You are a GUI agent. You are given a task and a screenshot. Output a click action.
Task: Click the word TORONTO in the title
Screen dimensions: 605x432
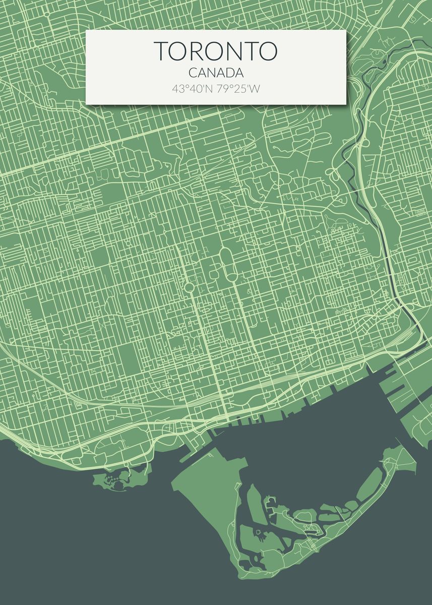216,51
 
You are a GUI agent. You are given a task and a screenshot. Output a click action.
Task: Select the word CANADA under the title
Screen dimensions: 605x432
216,74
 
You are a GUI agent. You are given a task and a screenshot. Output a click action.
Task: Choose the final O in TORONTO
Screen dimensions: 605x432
268,51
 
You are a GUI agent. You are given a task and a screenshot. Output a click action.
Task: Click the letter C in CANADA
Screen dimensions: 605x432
193,74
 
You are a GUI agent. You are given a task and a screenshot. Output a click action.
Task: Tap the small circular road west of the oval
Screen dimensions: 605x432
190,287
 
